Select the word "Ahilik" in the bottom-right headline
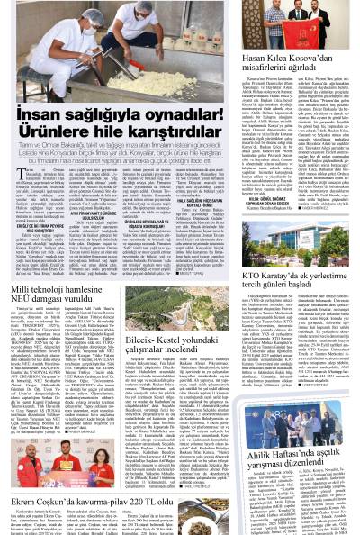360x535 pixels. pos(260,427)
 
